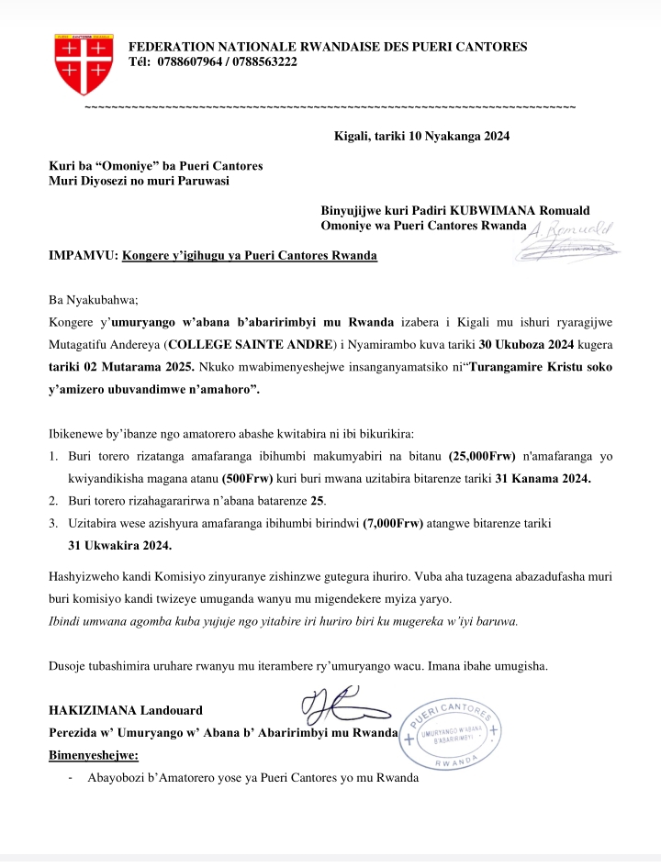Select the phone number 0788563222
pos(264,61)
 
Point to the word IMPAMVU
pos(82,256)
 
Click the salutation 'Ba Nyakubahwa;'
pos(93,300)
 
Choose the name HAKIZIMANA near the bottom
pos(91,711)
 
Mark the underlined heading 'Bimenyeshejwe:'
pos(93,755)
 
